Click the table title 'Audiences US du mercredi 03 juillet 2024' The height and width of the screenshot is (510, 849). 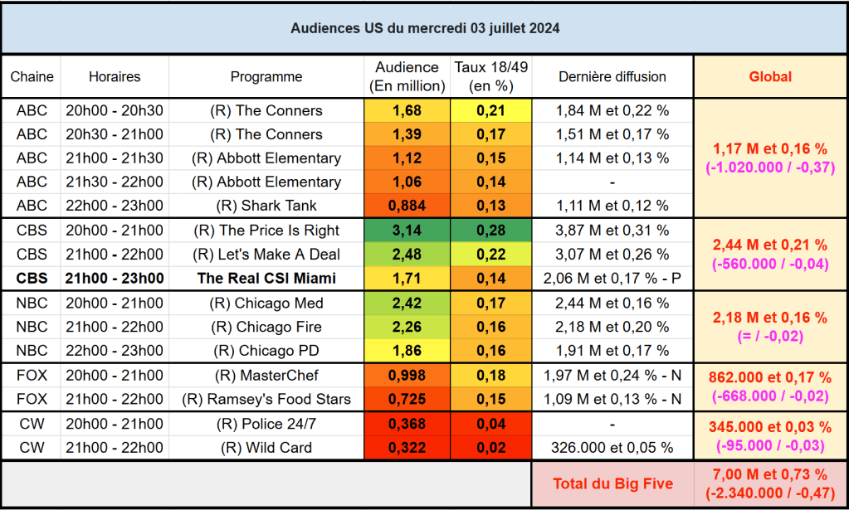[x=424, y=28]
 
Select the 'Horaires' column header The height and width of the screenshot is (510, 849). [x=115, y=76]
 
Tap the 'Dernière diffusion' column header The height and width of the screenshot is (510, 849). [x=612, y=76]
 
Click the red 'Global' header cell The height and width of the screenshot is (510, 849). [x=770, y=76]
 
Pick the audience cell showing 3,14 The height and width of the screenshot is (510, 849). [x=407, y=231]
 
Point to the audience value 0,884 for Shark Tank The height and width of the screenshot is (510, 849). [x=407, y=206]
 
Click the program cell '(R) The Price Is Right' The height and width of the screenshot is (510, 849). [x=266, y=231]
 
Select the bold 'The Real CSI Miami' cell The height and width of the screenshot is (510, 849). [x=266, y=278]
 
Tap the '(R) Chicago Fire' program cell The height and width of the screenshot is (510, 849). [x=266, y=327]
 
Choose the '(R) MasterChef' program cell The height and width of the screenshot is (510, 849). [x=266, y=376]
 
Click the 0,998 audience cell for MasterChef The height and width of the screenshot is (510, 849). [x=407, y=376]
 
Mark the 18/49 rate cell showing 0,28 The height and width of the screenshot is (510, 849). [x=491, y=231]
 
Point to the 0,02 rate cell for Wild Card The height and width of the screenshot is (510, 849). [x=491, y=448]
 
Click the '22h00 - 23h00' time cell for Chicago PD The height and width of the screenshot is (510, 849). [x=115, y=350]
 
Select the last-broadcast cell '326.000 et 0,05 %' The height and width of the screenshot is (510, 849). [x=612, y=448]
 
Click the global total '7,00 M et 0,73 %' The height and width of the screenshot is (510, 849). [x=770, y=475]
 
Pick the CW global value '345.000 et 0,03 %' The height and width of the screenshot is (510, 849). [x=770, y=427]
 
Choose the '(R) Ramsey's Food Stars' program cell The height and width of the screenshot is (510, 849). [x=266, y=399]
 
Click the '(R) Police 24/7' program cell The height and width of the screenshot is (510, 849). [x=266, y=425]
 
